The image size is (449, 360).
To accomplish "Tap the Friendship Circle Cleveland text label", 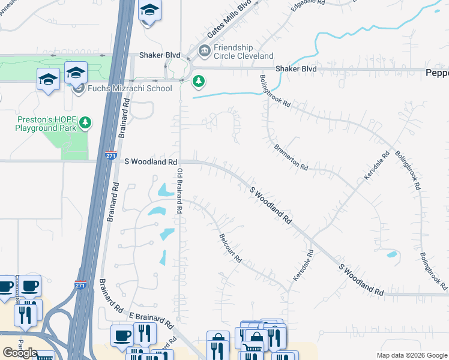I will (243, 52).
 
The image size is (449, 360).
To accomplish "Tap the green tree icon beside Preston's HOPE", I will (86, 123).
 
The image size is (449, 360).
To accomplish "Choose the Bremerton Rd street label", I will (291, 156).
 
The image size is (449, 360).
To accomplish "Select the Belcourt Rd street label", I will (231, 248).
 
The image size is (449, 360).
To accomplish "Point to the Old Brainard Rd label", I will (179, 191).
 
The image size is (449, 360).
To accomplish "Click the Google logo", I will (20, 352).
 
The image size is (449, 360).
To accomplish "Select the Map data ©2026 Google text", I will (412, 355).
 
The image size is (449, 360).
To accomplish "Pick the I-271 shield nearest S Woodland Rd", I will (110, 154).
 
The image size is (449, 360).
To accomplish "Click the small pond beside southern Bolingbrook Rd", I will (392, 255).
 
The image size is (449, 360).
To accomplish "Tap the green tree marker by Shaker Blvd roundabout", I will (198, 81).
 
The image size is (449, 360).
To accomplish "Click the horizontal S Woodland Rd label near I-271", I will (151, 162).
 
